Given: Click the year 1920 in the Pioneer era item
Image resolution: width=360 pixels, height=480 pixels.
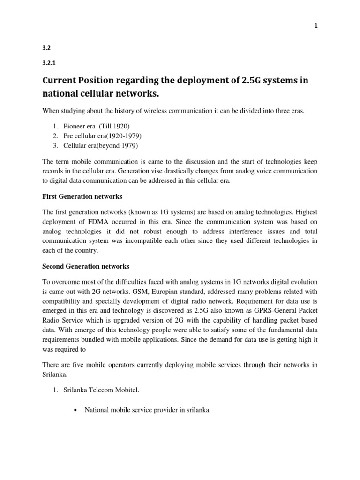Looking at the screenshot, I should point(120,127).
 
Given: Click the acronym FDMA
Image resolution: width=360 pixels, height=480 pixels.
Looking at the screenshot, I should point(97,222).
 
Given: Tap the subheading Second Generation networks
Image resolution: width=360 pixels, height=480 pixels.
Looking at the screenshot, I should point(86,266).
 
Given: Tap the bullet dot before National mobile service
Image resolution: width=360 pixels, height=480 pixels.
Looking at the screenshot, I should point(75,410).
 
